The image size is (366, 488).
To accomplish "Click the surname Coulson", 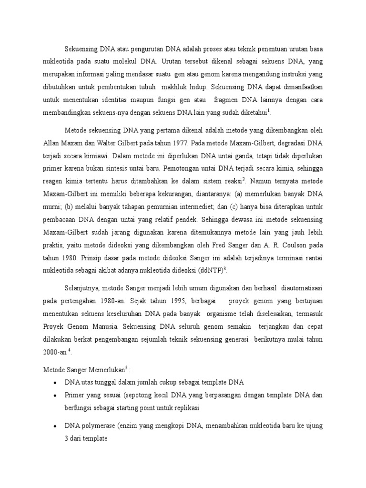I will tap(298, 245).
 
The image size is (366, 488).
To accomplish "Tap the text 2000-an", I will tap(55, 352).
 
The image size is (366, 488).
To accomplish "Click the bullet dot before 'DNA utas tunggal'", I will tap(56, 383).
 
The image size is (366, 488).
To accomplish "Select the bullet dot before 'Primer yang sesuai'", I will tap(56, 396).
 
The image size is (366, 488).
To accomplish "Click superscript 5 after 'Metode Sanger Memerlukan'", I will tap(125, 367).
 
